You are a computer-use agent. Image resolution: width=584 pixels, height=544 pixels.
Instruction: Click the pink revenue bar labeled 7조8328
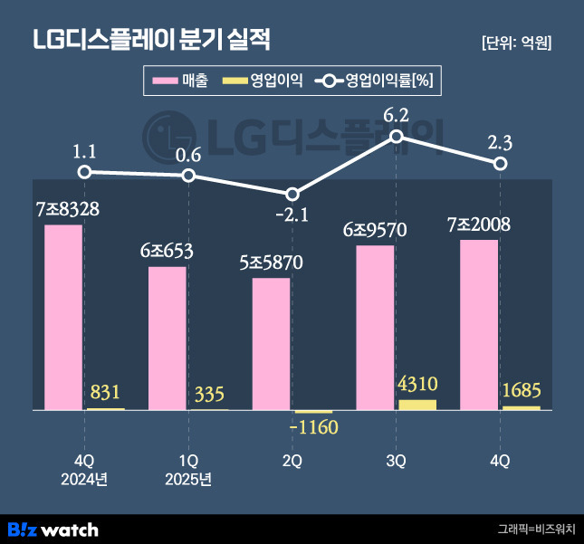click(63, 317)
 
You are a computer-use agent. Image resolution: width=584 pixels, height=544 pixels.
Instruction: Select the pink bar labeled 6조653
click(168, 338)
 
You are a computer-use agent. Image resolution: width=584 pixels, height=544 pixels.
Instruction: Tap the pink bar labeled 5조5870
click(271, 344)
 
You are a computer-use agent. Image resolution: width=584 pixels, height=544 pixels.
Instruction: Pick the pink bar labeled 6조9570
click(375, 328)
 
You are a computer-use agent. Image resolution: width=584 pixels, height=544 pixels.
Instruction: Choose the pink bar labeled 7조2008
click(479, 324)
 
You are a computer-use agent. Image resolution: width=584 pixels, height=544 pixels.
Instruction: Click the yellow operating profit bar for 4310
click(416, 405)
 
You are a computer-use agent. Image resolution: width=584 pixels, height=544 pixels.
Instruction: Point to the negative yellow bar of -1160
click(313, 413)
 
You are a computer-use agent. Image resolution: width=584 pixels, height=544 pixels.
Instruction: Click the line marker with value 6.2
click(397, 136)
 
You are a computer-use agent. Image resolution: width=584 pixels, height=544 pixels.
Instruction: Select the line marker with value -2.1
click(292, 195)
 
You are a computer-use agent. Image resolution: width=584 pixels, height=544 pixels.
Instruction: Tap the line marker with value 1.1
click(84, 172)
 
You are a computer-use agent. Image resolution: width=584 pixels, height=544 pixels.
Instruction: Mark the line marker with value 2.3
click(500, 163)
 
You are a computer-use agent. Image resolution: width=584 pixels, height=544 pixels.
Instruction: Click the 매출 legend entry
click(180, 81)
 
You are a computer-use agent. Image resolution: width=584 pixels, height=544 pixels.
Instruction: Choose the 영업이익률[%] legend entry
click(375, 81)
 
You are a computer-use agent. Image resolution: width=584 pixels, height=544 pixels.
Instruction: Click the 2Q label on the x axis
click(292, 461)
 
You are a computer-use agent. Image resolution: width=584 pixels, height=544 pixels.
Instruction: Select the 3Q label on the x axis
click(397, 461)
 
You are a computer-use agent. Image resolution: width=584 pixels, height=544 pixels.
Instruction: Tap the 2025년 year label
click(188, 479)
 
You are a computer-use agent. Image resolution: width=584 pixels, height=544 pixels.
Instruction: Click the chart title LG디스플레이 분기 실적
click(151, 42)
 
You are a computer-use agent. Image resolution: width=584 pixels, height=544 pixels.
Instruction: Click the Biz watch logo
click(53, 529)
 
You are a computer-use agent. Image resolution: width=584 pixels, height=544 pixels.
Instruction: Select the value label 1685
click(522, 392)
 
